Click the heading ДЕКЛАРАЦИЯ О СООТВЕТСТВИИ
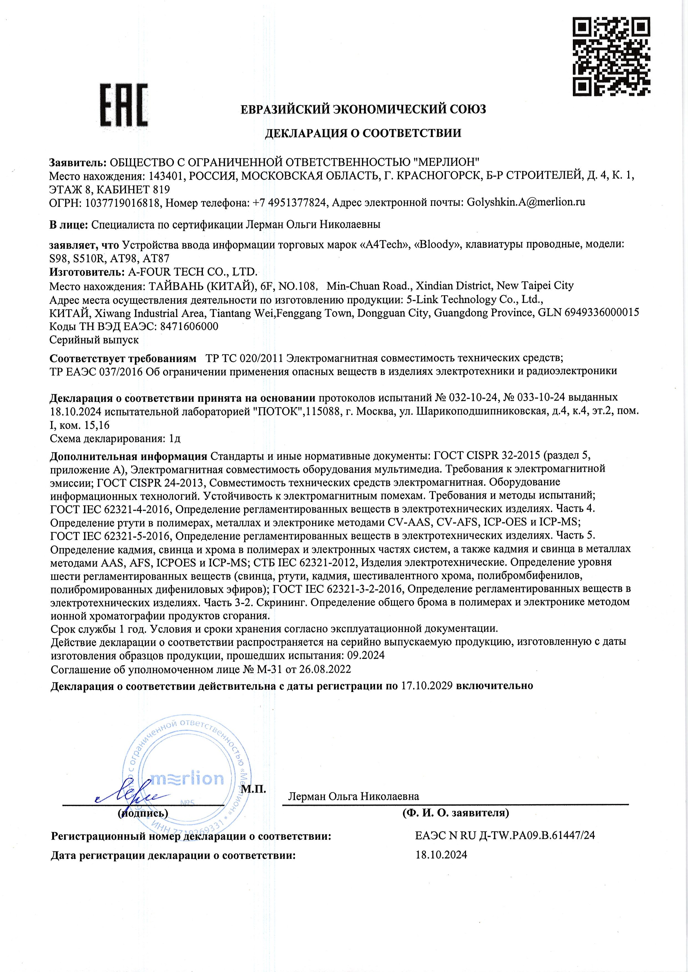click(363, 133)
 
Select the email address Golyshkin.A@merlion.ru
click(526, 202)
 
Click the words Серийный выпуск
click(94, 340)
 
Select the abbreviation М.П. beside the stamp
click(253, 789)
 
